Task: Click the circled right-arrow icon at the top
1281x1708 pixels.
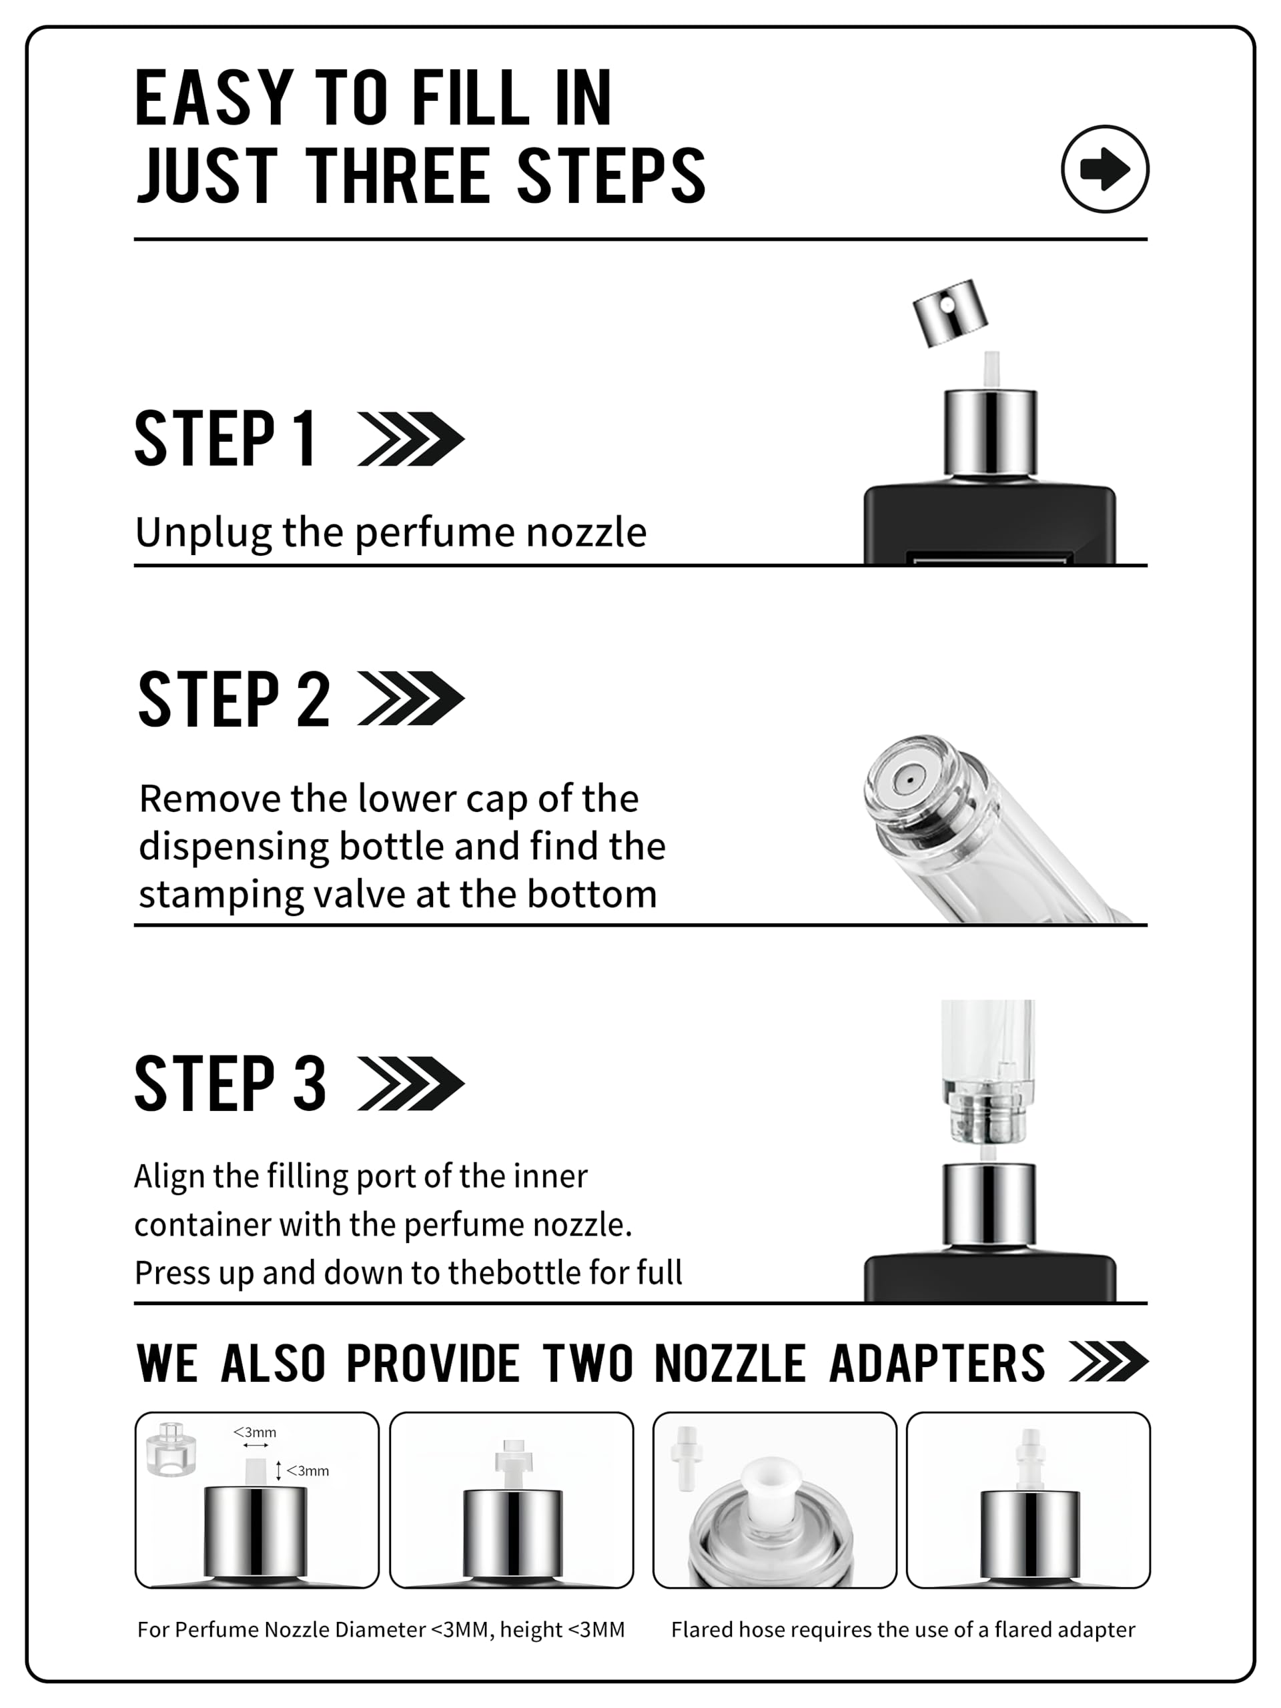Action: coord(1104,169)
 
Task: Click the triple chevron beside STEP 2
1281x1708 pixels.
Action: coord(411,699)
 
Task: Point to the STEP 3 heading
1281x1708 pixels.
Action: coord(230,1084)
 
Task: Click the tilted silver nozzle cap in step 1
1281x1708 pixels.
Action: coord(950,312)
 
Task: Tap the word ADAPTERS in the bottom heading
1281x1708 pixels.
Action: coord(937,1363)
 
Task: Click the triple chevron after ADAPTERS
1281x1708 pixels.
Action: coord(1109,1362)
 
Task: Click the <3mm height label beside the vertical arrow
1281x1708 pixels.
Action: coord(308,1471)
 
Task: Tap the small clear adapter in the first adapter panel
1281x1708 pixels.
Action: coord(171,1448)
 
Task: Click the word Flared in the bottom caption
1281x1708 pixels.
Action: coord(701,1629)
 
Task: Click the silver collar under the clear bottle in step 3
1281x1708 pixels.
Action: coord(988,1206)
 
